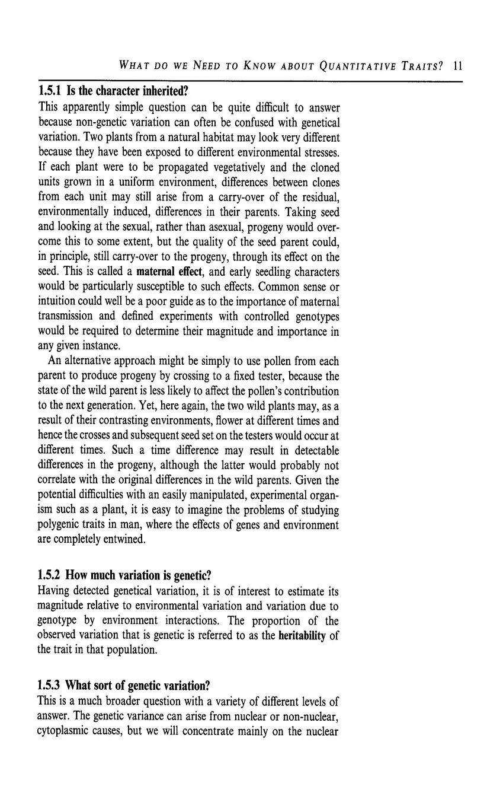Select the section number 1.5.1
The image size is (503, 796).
tap(50, 93)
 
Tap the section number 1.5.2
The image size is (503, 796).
tap(50, 575)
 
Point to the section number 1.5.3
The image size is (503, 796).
tap(50, 686)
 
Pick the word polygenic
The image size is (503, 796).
tap(62, 524)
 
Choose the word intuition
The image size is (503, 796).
tap(59, 302)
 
